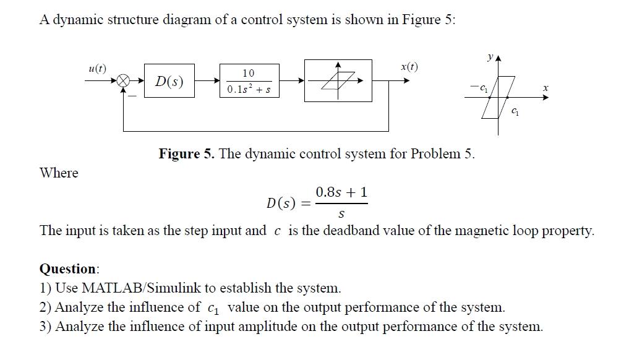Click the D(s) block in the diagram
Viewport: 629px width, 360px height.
(169, 81)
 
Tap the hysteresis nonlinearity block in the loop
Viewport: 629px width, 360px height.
(338, 80)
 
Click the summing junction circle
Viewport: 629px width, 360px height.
(124, 80)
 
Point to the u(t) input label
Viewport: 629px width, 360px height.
(97, 68)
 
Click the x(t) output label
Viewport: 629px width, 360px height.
(409, 67)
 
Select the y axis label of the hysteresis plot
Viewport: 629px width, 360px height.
(489, 57)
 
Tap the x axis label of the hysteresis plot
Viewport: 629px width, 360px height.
(545, 89)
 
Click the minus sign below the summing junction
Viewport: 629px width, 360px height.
(131, 95)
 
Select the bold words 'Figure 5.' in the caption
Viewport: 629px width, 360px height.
(186, 153)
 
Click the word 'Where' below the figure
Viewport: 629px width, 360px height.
(59, 173)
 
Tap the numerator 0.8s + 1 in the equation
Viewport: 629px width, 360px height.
(341, 192)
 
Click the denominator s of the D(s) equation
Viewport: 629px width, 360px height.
(342, 213)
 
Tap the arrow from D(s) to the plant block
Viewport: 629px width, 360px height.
(208, 80)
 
